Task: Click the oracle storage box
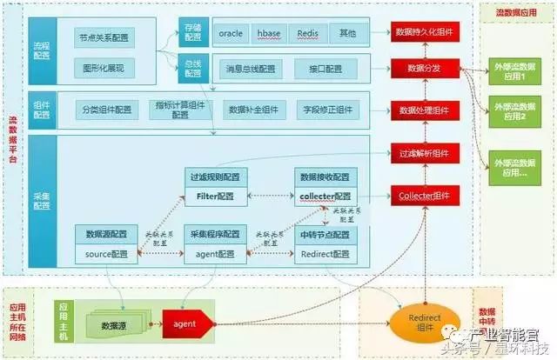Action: click(x=231, y=33)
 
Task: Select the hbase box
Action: click(x=269, y=33)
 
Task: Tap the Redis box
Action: click(x=308, y=33)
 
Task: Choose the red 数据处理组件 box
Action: click(x=424, y=110)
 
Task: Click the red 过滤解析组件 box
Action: click(x=424, y=153)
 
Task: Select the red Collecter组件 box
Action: click(x=424, y=196)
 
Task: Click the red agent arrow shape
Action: click(x=187, y=325)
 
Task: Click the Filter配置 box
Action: click(x=216, y=197)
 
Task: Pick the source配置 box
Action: click(x=106, y=254)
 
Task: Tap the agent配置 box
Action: click(x=216, y=254)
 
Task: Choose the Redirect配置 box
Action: click(x=323, y=254)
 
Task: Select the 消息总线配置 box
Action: click(x=250, y=68)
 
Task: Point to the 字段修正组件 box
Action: click(x=328, y=110)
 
